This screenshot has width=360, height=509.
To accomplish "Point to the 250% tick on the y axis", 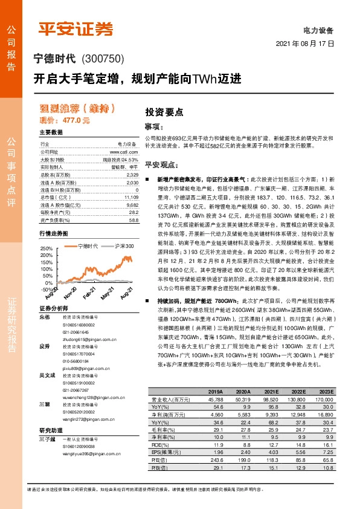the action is tap(47, 249).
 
